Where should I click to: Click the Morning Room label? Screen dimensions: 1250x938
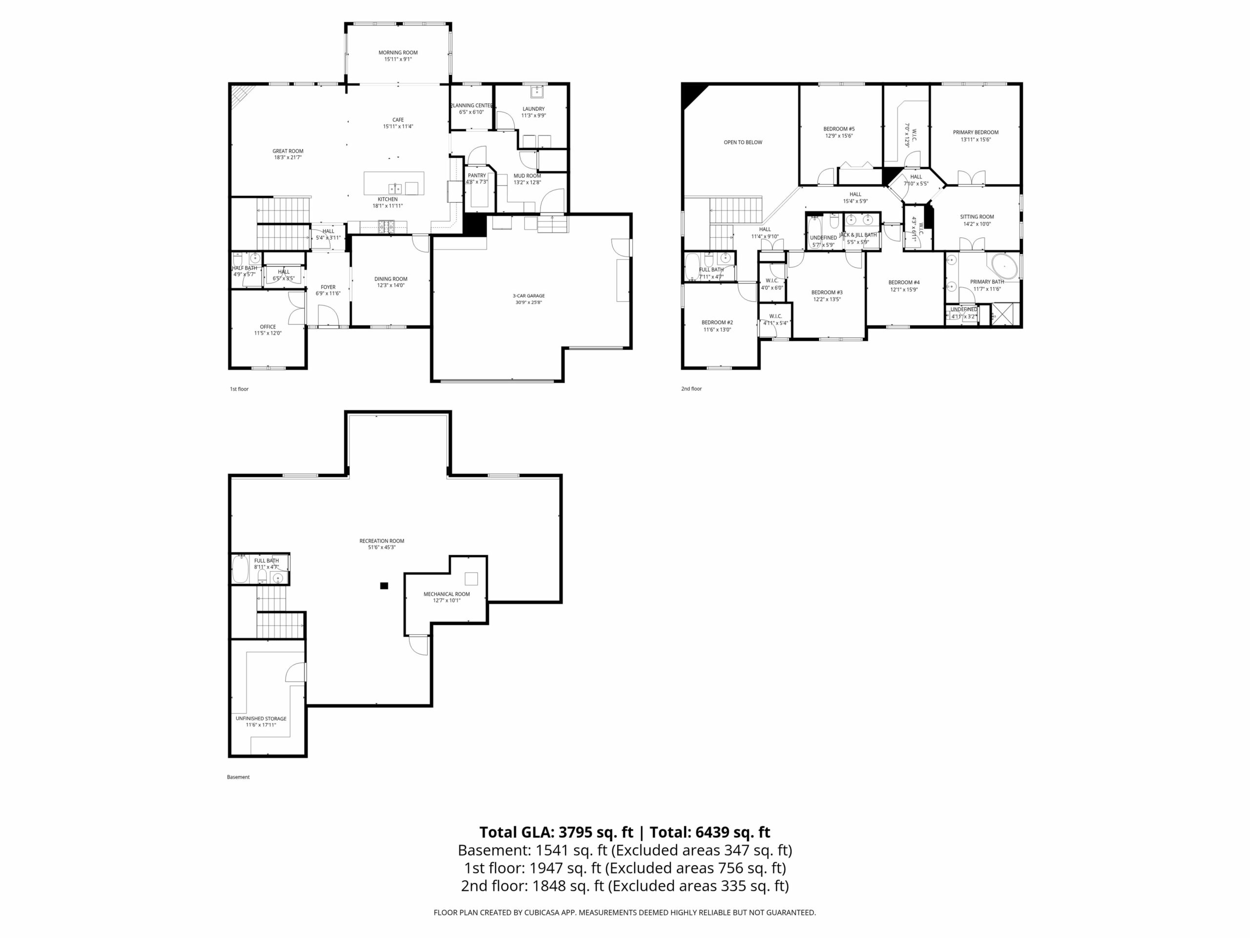398,53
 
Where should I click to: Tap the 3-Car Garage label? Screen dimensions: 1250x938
528,296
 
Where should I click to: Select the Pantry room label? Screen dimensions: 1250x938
477,176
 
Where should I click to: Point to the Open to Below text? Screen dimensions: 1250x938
743,143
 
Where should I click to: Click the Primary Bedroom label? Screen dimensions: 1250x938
976,132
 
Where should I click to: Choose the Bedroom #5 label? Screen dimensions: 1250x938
838,129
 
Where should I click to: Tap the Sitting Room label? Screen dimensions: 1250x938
977,216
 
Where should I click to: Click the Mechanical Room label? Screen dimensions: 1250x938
446,594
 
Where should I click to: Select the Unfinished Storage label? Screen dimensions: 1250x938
261,718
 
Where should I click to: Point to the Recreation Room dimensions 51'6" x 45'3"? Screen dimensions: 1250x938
381,547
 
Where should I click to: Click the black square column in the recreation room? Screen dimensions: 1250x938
384,586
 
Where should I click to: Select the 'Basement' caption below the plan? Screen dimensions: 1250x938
238,777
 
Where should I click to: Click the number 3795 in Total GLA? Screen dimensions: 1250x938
576,832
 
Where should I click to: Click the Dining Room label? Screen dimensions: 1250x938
391,279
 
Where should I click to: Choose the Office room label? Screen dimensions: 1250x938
268,327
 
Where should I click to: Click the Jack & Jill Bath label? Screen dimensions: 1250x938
858,234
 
